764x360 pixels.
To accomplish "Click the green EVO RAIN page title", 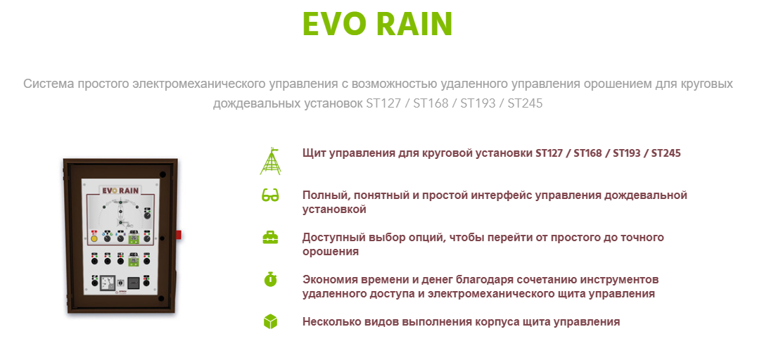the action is (378, 24).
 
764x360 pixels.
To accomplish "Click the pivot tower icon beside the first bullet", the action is (271, 160).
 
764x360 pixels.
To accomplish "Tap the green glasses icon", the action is (270, 196).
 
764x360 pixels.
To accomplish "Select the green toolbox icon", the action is (270, 238).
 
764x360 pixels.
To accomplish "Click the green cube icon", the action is (270, 322).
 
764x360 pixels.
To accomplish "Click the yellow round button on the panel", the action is (94, 238).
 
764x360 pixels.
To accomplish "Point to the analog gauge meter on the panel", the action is (107, 283).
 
